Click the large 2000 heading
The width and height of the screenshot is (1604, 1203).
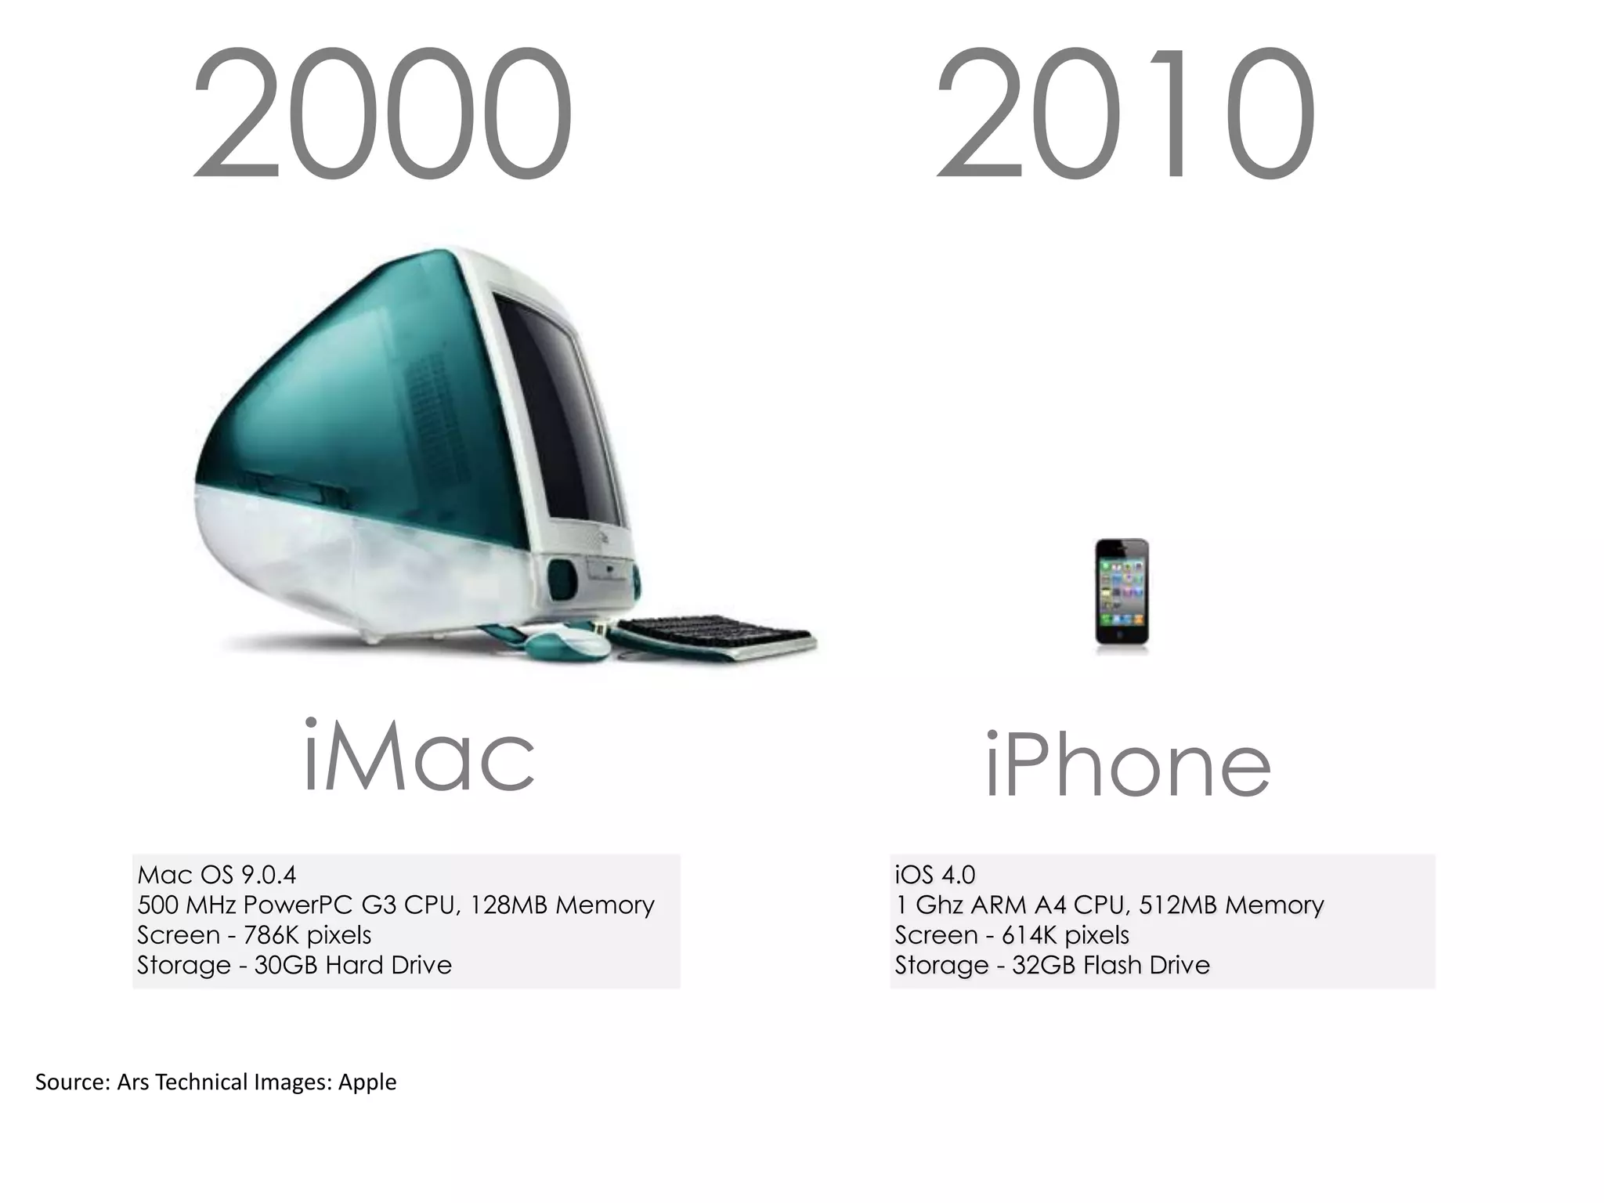point(382,114)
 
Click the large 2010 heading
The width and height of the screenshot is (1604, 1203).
point(1125,114)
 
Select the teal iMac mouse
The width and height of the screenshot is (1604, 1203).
point(567,644)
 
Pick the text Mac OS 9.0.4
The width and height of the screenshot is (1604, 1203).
point(217,875)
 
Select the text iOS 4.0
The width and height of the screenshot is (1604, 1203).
point(935,875)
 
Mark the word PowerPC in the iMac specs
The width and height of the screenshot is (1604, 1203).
point(298,905)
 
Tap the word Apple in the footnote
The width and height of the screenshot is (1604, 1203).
point(367,1083)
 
